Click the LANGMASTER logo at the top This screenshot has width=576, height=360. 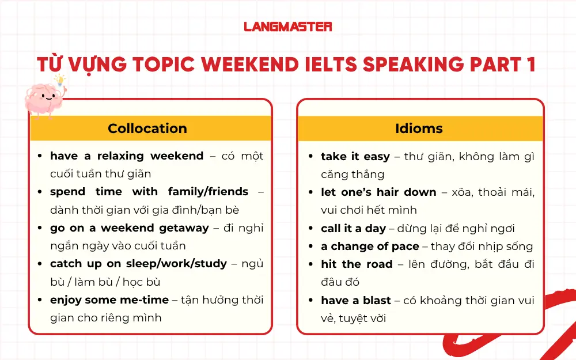pyautogui.click(x=287, y=26)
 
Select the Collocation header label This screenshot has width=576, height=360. pyautogui.click(x=147, y=128)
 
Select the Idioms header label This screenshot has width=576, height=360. pyautogui.click(x=419, y=128)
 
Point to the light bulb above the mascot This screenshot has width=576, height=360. pyautogui.click(x=59, y=81)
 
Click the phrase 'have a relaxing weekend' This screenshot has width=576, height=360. pyautogui.click(x=127, y=156)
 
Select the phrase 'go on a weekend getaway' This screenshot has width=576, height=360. pyautogui.click(x=130, y=228)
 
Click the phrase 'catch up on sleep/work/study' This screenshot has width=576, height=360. pyautogui.click(x=138, y=264)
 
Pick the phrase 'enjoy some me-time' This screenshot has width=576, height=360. pyautogui.click(x=109, y=300)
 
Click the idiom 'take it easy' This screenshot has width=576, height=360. pyautogui.click(x=355, y=157)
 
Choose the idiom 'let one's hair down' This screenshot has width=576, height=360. pyautogui.click(x=378, y=192)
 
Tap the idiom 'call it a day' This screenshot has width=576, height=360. pyautogui.click(x=353, y=229)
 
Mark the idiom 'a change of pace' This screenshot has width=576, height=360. pyautogui.click(x=370, y=247)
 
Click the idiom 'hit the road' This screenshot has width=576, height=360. pyautogui.click(x=357, y=264)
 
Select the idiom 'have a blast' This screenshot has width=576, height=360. pyautogui.click(x=356, y=300)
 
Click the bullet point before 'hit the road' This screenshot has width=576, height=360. pyautogui.click(x=311, y=265)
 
